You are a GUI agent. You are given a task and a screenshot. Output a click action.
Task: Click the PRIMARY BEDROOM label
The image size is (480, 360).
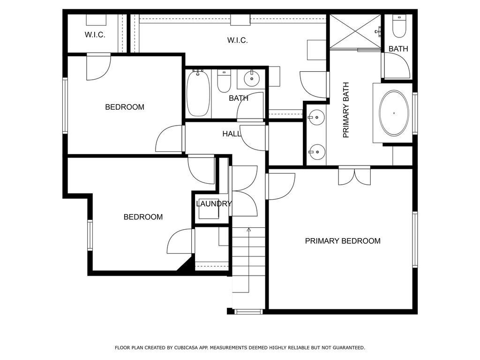343,241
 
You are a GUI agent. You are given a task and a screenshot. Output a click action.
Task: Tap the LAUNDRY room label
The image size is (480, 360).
214,203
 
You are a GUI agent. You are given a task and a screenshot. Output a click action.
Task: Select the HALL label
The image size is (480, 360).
232,134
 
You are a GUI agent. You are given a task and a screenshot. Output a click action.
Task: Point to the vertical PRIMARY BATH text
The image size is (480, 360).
346,110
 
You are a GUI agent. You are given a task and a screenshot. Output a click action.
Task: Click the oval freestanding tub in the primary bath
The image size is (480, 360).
394,113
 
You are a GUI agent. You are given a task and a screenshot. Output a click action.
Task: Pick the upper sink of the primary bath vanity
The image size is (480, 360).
316,118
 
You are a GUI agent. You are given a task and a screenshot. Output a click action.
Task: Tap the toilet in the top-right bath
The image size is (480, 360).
399,26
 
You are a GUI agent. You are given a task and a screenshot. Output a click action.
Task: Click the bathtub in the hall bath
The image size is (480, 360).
198,93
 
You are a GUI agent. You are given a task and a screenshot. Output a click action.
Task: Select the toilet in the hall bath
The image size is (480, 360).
224,81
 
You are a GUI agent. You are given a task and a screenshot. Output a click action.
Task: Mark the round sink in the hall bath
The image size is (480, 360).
252,79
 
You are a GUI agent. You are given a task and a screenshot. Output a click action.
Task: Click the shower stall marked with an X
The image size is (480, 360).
355,31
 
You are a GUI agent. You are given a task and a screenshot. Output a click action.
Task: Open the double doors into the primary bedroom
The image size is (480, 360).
354,176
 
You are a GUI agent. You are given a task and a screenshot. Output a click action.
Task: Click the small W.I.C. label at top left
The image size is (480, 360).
95,35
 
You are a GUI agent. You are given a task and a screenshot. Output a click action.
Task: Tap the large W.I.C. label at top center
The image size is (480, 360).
238,40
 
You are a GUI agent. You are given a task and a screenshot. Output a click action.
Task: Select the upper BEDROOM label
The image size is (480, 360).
125,107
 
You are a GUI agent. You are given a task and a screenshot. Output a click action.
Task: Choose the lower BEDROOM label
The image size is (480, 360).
143,217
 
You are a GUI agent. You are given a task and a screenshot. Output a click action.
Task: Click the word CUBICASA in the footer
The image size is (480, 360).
186,348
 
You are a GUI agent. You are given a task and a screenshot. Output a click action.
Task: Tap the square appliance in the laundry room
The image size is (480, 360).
209,209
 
